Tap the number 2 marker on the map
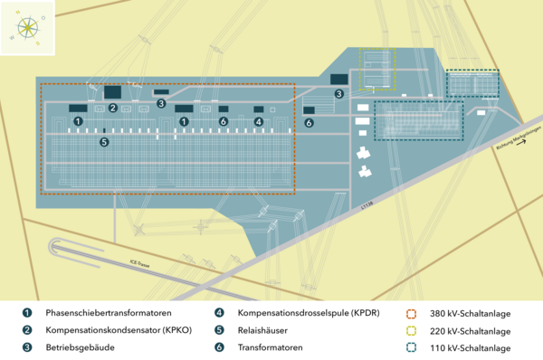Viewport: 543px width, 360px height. click(x=113, y=108)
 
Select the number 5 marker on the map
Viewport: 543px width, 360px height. click(x=103, y=142)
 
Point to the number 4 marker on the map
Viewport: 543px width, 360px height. click(x=258, y=121)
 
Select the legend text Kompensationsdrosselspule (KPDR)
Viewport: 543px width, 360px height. click(x=308, y=314)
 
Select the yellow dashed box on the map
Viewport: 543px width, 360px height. click(x=378, y=69)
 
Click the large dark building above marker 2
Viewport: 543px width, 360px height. click(x=113, y=91)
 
